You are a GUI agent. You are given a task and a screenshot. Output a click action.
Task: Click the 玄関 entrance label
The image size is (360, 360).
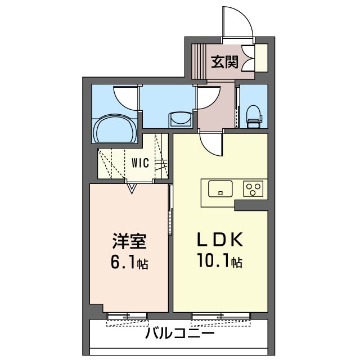click(x=224, y=62)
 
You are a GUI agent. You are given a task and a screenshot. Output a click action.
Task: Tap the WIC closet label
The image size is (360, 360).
click(x=140, y=163)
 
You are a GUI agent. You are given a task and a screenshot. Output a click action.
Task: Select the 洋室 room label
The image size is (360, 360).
click(x=129, y=241)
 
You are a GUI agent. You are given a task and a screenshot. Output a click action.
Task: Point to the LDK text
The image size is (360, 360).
click(x=220, y=240)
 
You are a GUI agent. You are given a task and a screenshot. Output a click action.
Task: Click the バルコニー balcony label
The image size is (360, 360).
click(x=179, y=333)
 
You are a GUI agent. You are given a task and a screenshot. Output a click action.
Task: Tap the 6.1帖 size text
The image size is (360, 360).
click(x=129, y=263)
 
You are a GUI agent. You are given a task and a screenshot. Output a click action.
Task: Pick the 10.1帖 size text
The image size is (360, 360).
click(x=220, y=262)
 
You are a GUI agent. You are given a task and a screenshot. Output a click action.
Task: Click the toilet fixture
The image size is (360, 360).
click(x=254, y=117)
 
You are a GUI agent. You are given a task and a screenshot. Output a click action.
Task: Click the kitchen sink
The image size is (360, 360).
click(x=220, y=189)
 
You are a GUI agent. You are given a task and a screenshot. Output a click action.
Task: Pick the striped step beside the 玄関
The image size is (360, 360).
click(x=199, y=61)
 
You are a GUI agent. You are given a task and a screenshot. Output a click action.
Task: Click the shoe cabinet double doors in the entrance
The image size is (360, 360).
click(x=248, y=58)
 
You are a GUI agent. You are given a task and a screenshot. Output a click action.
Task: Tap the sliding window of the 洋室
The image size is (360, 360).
click(x=127, y=316)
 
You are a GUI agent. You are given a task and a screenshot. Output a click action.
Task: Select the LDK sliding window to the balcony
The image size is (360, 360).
click(x=221, y=316)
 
